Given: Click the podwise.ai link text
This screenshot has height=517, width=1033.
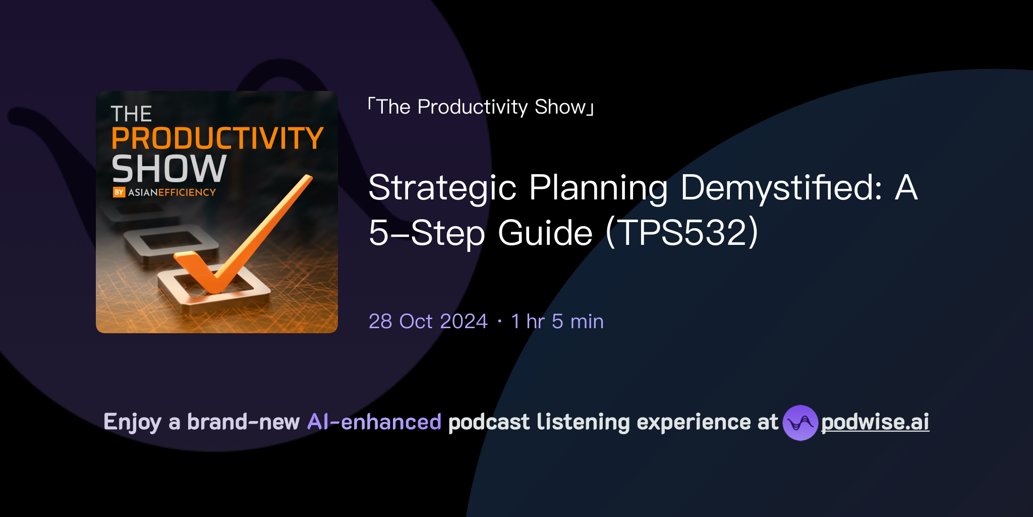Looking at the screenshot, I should point(875,422).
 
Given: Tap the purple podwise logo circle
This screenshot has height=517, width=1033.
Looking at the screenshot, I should point(800,423).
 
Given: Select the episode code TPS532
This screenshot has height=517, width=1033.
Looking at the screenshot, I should point(682,233).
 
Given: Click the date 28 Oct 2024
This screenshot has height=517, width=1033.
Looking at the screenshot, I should point(428,321).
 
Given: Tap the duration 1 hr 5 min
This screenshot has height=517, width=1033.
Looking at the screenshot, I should point(557,321).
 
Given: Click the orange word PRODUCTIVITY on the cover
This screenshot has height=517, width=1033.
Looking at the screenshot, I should point(217,138).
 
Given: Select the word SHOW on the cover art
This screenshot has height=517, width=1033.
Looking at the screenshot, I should point(169,169).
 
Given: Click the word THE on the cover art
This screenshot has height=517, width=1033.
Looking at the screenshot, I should point(131,114).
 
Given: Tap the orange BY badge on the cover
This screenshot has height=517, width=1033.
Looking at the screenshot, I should point(119,192).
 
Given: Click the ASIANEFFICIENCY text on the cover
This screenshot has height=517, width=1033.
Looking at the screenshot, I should point(172,192).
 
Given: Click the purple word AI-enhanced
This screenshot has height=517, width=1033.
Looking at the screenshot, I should point(374,422).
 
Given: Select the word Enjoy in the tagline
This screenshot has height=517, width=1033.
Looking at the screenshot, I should point(132,422).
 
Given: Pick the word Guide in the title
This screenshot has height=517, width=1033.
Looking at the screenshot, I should point(545,233).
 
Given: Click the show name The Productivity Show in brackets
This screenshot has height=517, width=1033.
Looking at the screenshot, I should point(481,107).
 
